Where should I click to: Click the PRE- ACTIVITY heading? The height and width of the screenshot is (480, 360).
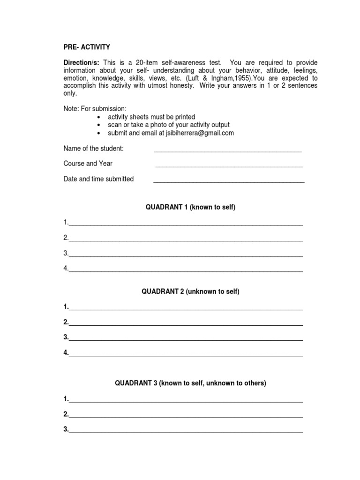[x=87, y=47]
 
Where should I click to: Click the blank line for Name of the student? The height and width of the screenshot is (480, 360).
[x=227, y=150]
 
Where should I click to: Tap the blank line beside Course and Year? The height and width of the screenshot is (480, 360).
[x=229, y=165]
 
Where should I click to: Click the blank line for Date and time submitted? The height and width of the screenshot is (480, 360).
[x=229, y=180]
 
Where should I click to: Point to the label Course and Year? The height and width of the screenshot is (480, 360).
[x=88, y=164]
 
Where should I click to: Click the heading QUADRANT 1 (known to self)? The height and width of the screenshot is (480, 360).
[x=191, y=207]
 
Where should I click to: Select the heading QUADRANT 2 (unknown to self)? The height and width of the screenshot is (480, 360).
[x=191, y=292]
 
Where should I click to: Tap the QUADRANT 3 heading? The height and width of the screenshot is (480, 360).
[x=191, y=383]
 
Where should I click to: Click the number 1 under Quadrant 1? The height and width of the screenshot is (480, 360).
[x=66, y=222]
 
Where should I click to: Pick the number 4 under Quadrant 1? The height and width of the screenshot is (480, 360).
[x=66, y=268]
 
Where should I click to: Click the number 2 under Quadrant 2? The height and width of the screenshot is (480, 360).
[x=66, y=322]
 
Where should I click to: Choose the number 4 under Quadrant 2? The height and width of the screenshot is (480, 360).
[x=66, y=352]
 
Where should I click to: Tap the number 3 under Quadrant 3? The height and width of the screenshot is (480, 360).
[x=66, y=429]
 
